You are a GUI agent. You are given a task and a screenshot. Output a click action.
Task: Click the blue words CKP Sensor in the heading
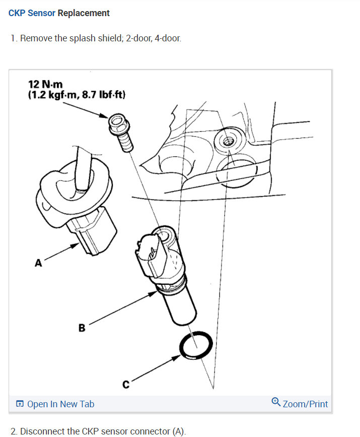click(32, 13)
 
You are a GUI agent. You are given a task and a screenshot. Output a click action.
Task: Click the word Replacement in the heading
click(84, 13)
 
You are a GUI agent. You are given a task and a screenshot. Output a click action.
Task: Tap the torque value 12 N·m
click(46, 84)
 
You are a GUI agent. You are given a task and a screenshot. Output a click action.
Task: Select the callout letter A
click(38, 263)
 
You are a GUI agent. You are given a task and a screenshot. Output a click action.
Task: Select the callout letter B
click(82, 328)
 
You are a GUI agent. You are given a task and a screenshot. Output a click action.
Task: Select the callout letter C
click(126, 385)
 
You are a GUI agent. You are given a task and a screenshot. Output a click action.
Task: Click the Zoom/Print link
click(305, 404)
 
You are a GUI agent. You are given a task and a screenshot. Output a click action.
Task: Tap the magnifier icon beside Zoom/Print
click(276, 402)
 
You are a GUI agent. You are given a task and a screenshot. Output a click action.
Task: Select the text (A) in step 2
click(178, 431)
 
